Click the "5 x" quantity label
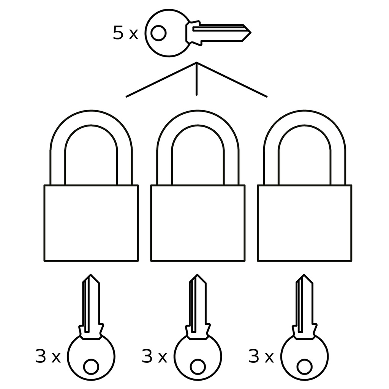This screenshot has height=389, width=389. click(x=125, y=34)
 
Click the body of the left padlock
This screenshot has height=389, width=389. click(x=91, y=223)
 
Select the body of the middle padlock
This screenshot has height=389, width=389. click(x=198, y=223)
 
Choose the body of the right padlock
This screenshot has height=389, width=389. click(x=304, y=223)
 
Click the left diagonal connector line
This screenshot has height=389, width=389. click(x=161, y=80)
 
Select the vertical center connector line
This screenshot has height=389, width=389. click(x=196, y=80)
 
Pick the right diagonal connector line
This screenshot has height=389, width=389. click(x=232, y=80)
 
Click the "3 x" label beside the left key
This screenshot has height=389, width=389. click(x=48, y=357)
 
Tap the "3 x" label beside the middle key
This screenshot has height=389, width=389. click(x=155, y=357)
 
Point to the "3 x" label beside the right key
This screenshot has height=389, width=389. click(x=261, y=357)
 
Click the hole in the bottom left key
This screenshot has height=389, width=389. click(x=91, y=367)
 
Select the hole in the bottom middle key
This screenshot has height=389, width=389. click(x=198, y=367)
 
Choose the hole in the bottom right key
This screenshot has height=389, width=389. click(x=304, y=367)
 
